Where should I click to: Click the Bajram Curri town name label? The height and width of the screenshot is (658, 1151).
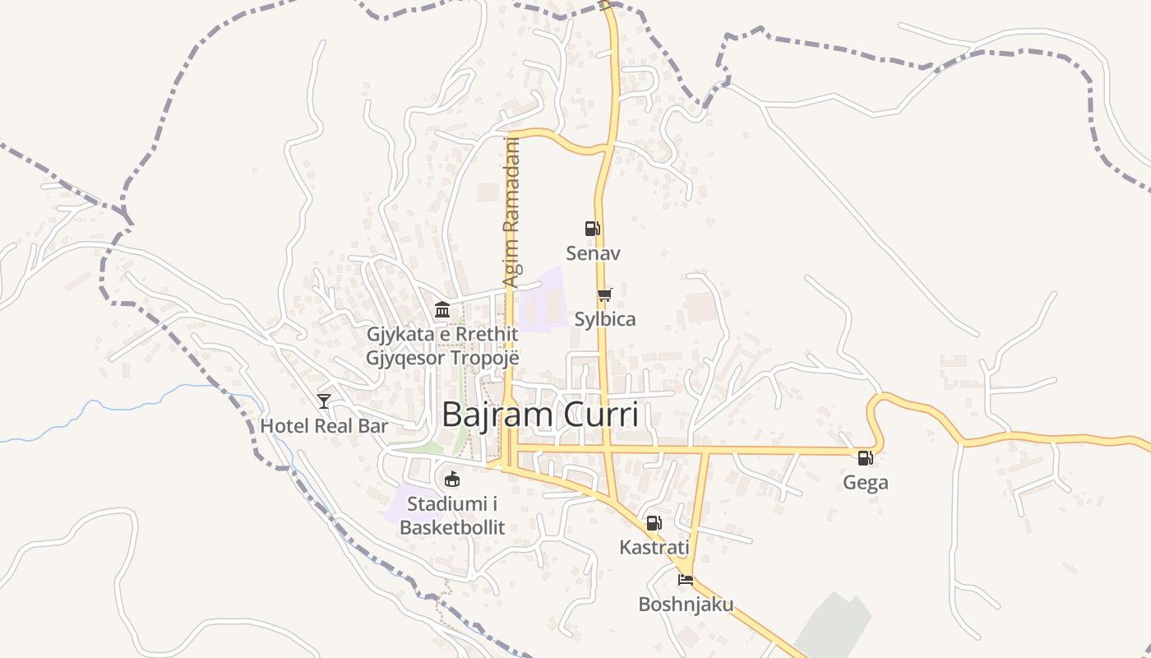(x=540, y=415)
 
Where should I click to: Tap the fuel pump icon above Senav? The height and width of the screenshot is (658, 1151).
(x=592, y=228)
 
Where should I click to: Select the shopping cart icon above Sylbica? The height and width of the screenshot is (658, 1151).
(x=605, y=294)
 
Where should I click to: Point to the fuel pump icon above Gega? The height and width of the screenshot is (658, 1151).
(x=865, y=458)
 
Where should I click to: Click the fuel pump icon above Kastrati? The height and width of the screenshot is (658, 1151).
(x=654, y=522)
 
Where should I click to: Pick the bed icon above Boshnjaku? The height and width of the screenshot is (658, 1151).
(x=686, y=580)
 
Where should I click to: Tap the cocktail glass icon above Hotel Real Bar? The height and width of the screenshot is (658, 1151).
(x=324, y=401)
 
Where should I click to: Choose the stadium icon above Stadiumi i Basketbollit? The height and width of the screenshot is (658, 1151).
(x=451, y=479)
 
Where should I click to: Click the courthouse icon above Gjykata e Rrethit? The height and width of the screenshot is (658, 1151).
(x=442, y=310)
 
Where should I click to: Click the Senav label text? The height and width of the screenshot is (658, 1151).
(x=593, y=253)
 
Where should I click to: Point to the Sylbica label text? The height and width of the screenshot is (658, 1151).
(x=605, y=319)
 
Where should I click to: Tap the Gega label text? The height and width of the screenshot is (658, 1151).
(x=865, y=483)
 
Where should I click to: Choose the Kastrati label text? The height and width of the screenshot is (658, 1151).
(x=654, y=547)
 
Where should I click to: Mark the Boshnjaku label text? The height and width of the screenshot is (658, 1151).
(x=686, y=605)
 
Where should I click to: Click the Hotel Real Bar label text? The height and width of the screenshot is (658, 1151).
(x=324, y=426)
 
